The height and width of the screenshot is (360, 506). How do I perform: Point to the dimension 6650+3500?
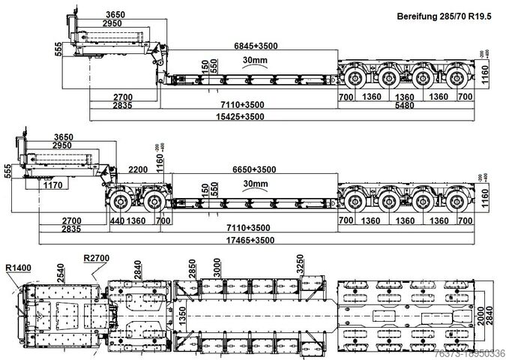coord(255,169)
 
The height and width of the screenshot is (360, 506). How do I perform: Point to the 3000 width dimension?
coord(218,268)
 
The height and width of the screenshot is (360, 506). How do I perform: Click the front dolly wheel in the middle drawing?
coord(120,201)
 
